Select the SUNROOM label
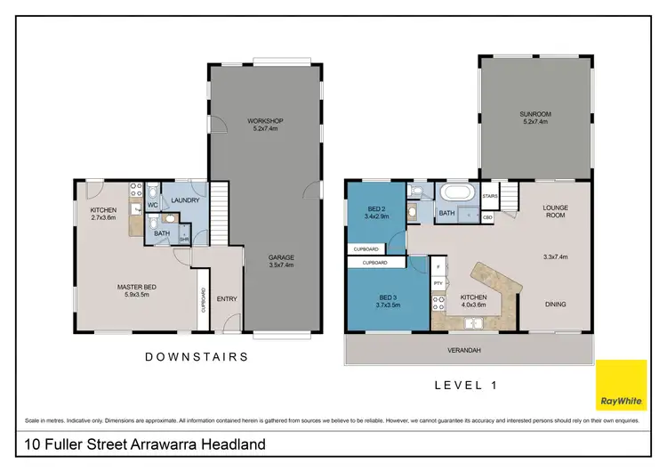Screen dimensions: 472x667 click(534, 113)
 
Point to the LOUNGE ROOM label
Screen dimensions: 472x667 click(556, 211)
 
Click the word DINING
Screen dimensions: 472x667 click(556, 304)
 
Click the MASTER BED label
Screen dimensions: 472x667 click(136, 286)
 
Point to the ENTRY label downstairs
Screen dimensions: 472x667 click(227, 298)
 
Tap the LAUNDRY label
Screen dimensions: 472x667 click(184, 200)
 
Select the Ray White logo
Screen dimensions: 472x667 click(621, 386)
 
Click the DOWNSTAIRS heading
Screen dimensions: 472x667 click(196, 356)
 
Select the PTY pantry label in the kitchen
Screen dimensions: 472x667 click(438, 283)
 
